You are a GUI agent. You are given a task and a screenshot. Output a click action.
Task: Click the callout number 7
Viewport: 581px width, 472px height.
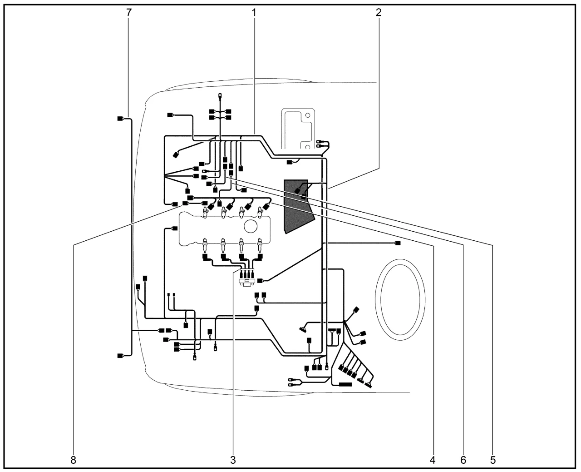(x=129, y=12)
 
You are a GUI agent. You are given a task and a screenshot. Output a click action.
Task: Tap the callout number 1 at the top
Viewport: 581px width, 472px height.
(x=254, y=12)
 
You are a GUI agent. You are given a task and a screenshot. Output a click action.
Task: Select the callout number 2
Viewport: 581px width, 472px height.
(x=379, y=12)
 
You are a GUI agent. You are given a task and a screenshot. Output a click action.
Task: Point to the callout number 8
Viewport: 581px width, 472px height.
(x=74, y=460)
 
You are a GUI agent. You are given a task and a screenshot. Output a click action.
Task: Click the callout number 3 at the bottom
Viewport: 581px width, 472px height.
(x=233, y=460)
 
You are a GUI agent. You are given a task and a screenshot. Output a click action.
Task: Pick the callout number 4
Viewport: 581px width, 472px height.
(x=432, y=460)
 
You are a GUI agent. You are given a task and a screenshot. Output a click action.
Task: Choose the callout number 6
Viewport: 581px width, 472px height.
(x=463, y=460)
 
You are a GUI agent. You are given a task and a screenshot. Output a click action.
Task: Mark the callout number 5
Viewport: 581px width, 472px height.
(x=492, y=460)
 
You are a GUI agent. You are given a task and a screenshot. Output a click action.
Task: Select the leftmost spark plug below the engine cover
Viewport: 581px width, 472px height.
(x=205, y=245)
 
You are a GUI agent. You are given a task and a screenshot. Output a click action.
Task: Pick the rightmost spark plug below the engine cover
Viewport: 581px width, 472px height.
(x=260, y=245)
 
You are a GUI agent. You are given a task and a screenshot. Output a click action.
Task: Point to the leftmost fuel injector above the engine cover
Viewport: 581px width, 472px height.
(x=205, y=213)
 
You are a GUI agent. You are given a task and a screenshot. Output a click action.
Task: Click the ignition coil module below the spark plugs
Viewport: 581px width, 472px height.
(x=246, y=277)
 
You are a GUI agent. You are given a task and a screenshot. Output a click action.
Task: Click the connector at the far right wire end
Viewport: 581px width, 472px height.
(x=398, y=243)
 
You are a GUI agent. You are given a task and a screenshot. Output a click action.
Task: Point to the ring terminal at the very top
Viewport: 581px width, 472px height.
(x=220, y=96)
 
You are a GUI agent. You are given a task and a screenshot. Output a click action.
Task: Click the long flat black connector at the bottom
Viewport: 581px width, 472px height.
(x=345, y=384)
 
